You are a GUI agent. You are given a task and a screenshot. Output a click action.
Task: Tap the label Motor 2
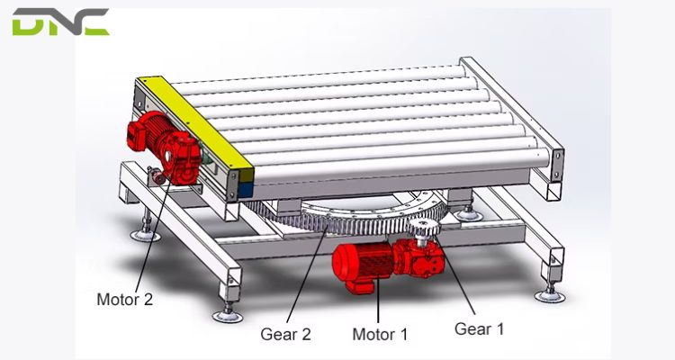tap(124, 300)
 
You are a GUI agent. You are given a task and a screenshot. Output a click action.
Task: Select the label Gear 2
tap(285, 334)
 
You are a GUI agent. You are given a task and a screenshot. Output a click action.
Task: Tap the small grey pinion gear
tap(426, 236)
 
